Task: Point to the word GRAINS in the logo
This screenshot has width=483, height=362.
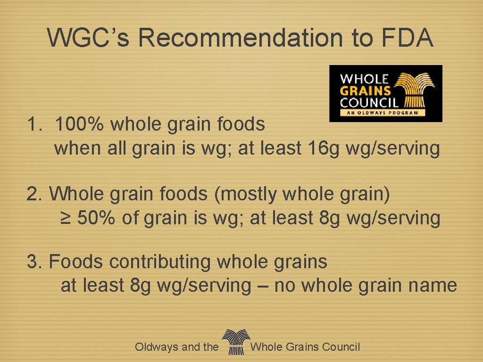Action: pyautogui.click(x=366, y=90)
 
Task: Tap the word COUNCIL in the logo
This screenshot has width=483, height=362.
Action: pyautogui.click(x=370, y=102)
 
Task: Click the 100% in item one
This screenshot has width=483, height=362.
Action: pyautogui.click(x=81, y=124)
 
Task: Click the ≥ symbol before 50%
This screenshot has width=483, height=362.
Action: pyautogui.click(x=66, y=218)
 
